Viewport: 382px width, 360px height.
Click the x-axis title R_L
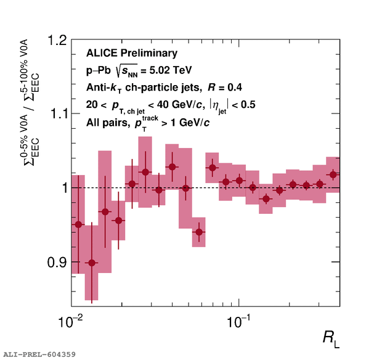pyautogui.click(x=330, y=337)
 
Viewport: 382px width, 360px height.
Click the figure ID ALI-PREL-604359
pyautogui.click(x=39, y=354)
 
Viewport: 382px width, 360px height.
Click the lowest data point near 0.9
pyautogui.click(x=92, y=263)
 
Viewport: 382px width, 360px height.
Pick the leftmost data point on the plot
pyautogui.click(x=78, y=224)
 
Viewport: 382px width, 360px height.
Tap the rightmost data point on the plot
pyautogui.click(x=333, y=174)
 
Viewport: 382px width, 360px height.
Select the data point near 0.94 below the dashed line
pyautogui.click(x=198, y=232)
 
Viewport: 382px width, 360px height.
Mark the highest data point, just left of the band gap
pyautogui.click(x=173, y=167)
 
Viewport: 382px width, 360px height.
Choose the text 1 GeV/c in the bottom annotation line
pyautogui.click(x=185, y=123)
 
